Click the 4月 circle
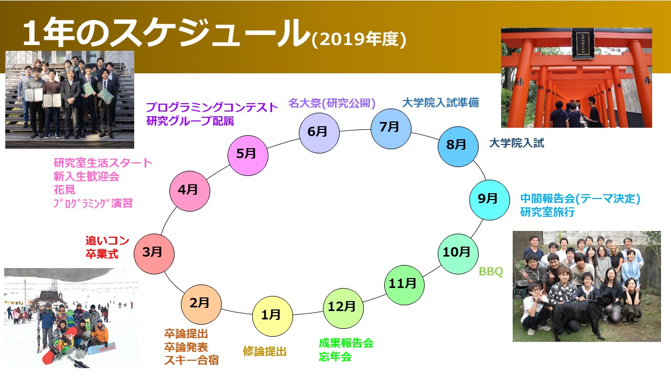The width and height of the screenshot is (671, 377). pyautogui.click(x=190, y=191)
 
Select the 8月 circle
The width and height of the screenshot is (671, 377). pyautogui.click(x=458, y=147)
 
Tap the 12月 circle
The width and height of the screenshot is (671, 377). pyautogui.click(x=343, y=308)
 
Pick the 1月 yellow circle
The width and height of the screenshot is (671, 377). pyautogui.click(x=273, y=316)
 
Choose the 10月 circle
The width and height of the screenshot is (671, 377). pyautogui.click(x=458, y=254)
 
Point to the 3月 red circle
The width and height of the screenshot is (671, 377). pyautogui.click(x=154, y=254)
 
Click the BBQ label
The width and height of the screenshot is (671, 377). pyautogui.click(x=491, y=271)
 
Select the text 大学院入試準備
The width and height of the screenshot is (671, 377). pyautogui.click(x=440, y=103)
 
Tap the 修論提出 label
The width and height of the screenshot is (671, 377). pyautogui.click(x=265, y=351)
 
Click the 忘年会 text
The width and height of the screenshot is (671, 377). pyautogui.click(x=335, y=357)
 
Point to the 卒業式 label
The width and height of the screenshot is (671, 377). pyautogui.click(x=102, y=254)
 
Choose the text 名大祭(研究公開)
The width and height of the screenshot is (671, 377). pyautogui.click(x=332, y=103)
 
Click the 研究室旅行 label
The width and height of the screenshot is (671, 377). pyautogui.click(x=547, y=212)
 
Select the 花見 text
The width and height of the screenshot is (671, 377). pyautogui.click(x=64, y=190)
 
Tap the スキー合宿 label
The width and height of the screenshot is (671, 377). pyautogui.click(x=191, y=360)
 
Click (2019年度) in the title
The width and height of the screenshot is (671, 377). pyautogui.click(x=359, y=39)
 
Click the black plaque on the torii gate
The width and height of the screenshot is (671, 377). pyautogui.click(x=582, y=43)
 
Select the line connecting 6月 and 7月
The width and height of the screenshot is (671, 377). pyautogui.click(x=355, y=130)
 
